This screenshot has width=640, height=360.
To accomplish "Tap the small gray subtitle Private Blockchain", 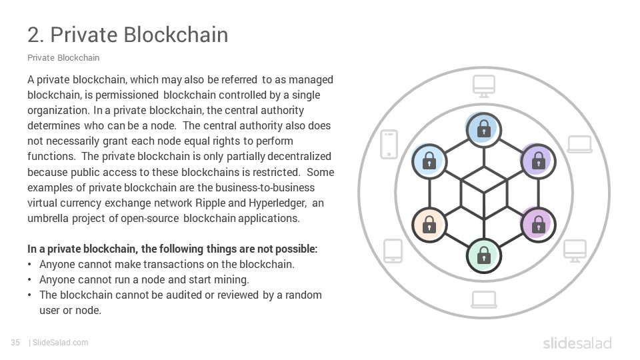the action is coord(63,57).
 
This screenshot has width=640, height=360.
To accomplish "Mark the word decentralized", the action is coord(299,156).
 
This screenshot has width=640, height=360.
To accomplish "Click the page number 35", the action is coord(15,343).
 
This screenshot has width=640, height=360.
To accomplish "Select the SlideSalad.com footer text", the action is coord(61,343).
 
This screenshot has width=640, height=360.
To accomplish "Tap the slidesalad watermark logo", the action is coord(577,343).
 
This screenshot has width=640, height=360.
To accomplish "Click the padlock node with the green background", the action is coord(484,256).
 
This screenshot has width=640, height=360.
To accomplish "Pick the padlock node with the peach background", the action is coord(429,225).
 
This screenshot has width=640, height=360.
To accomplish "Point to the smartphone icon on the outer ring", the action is coord(389,145).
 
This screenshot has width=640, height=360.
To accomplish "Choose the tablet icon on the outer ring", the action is coord(393,251).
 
